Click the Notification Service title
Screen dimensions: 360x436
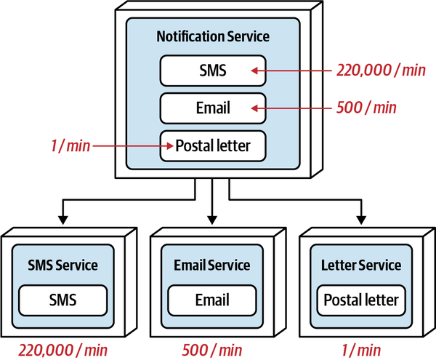pos(213,36)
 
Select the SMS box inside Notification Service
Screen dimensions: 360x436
pos(213,71)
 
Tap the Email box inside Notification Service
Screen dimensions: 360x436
pos(213,108)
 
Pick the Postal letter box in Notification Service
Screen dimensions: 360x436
pos(213,145)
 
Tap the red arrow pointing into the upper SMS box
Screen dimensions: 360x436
pos(291,71)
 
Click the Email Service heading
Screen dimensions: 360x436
pos(212,265)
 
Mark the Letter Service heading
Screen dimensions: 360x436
pos(361,265)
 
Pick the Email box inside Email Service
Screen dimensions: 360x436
pos(212,299)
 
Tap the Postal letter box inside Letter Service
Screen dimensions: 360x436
pos(361,299)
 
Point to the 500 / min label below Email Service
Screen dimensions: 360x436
pos(212,349)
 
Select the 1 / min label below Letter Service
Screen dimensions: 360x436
pos(361,349)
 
